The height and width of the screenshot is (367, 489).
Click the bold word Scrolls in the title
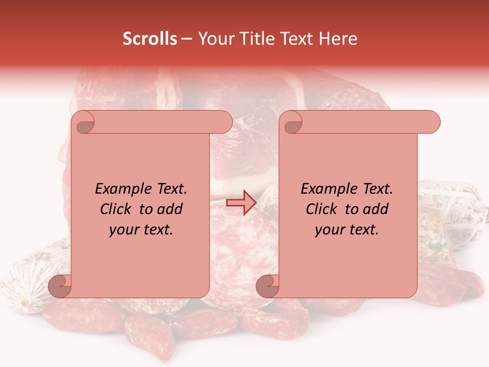150,39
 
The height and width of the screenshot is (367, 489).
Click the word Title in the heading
254,39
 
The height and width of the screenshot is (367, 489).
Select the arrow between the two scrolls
241,203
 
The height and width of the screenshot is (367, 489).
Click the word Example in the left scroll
120,189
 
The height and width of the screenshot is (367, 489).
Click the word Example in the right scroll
326,189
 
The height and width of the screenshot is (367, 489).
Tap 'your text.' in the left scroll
141,229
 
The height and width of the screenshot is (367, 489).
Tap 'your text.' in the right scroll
347,229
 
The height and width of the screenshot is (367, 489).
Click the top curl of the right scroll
292,122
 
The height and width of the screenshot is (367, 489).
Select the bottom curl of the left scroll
60,286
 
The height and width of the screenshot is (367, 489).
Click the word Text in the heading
300,39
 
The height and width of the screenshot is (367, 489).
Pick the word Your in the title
214,39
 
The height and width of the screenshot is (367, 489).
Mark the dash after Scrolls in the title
186,39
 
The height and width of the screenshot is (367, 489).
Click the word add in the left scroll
170,209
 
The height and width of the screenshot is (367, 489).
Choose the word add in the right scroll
376,209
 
